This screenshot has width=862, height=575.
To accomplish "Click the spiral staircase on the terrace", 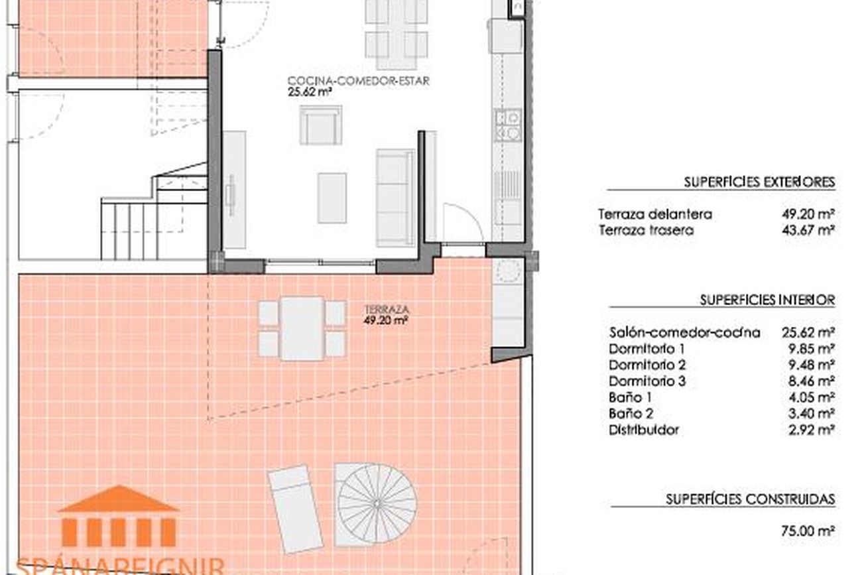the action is coord(377,504).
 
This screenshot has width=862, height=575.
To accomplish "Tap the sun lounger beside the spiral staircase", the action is coord(295,509).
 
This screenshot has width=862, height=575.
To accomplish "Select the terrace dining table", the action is coord(302,328).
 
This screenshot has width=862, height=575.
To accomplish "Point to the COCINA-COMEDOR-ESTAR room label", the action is coord(359,81).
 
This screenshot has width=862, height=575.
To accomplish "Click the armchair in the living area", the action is coord(321,125).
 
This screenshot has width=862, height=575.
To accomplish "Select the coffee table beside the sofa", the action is coord(332,198).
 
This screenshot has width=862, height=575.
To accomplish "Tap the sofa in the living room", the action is coord(396,198).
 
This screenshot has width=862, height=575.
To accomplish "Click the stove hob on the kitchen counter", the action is coord(508,125).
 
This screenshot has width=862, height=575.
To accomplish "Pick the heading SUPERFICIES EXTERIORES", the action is coord(759,182).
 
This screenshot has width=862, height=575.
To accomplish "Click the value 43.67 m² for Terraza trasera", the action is coord(808,230).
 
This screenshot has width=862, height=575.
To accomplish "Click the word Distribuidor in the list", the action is coord(644,430).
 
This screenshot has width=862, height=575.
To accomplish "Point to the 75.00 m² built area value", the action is coord(808,531).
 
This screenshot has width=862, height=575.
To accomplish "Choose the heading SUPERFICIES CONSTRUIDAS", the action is coord(751,499).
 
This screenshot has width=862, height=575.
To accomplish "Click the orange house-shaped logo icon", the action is coord(119,516).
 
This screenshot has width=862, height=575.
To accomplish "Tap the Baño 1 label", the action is coord(631,397).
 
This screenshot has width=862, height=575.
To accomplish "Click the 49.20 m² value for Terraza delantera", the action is coord(808,214).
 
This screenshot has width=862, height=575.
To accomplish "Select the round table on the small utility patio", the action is coord(508,270).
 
